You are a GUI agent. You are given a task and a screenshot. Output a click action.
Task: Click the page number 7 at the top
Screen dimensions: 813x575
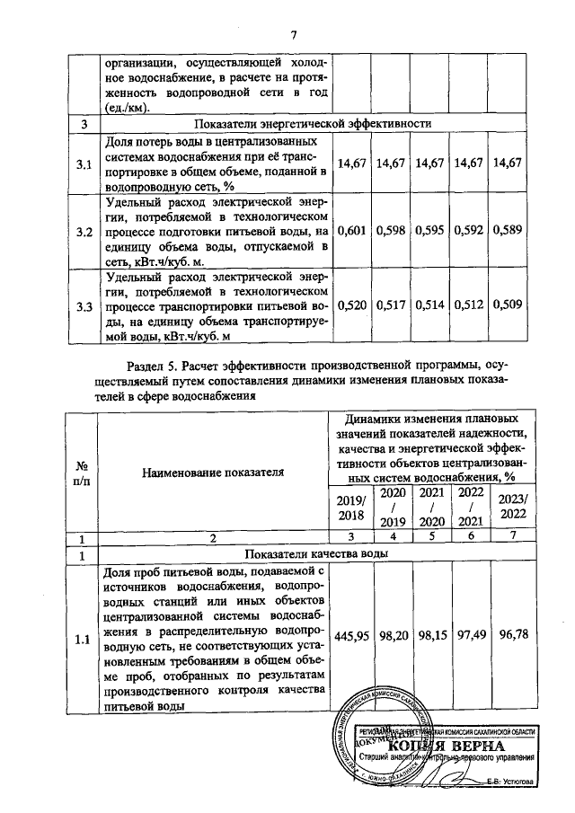tap(293, 35)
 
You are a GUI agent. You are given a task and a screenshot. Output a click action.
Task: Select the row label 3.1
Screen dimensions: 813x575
tap(84, 163)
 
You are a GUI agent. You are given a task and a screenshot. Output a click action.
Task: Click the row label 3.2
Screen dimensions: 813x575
tap(84, 232)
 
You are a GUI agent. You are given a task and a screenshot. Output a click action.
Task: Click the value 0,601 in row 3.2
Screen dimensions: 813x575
tap(353, 232)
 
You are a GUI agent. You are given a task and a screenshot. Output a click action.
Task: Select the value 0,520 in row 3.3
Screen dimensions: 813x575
tap(353, 306)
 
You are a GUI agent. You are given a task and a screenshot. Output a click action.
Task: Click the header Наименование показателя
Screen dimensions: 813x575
tap(212, 470)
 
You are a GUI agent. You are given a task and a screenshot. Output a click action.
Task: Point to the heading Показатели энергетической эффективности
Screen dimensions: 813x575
tap(319, 123)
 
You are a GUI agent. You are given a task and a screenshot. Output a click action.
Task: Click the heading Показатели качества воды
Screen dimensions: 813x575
tap(319, 554)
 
